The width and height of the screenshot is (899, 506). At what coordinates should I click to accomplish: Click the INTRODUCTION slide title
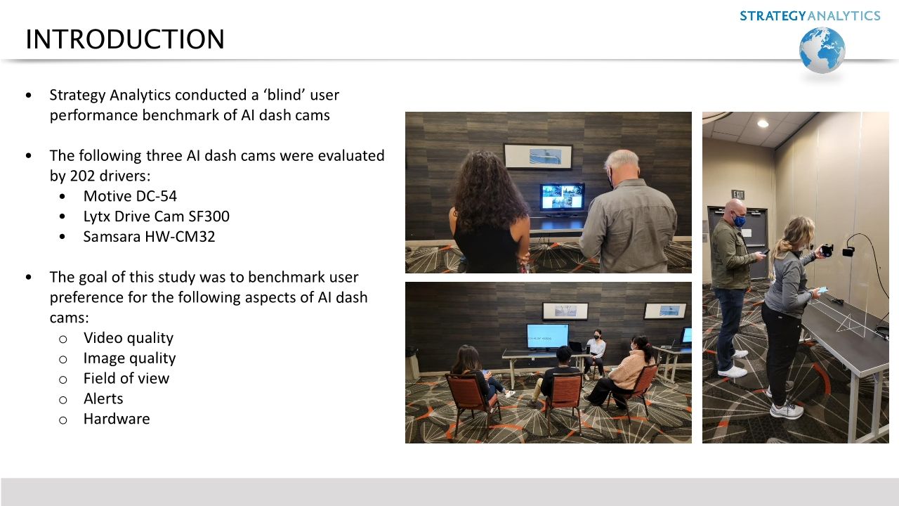tap(125, 39)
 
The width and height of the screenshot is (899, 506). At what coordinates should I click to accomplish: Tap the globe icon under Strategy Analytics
tap(822, 51)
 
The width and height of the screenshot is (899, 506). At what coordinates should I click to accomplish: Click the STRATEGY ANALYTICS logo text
tap(810, 15)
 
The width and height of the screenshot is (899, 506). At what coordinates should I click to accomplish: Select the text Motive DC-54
tap(130, 196)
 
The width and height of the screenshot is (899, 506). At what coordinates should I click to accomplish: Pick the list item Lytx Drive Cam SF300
tap(156, 216)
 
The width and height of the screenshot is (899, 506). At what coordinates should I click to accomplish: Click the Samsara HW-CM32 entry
tap(149, 237)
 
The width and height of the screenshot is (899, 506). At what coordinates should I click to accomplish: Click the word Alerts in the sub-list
tap(103, 398)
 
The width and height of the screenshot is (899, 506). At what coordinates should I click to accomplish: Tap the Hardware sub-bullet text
tap(117, 419)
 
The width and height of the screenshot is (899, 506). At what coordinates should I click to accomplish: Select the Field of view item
tap(126, 378)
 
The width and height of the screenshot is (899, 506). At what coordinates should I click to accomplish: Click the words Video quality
tap(129, 338)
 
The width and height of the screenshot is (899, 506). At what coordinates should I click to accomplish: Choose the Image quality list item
tap(130, 358)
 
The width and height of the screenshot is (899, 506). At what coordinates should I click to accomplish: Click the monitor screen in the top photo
tap(562, 197)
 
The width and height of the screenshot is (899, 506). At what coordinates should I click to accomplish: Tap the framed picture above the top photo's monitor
tap(537, 156)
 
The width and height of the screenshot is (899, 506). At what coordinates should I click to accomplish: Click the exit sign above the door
tap(738, 195)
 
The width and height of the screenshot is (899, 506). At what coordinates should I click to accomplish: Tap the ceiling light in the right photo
tap(763, 123)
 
